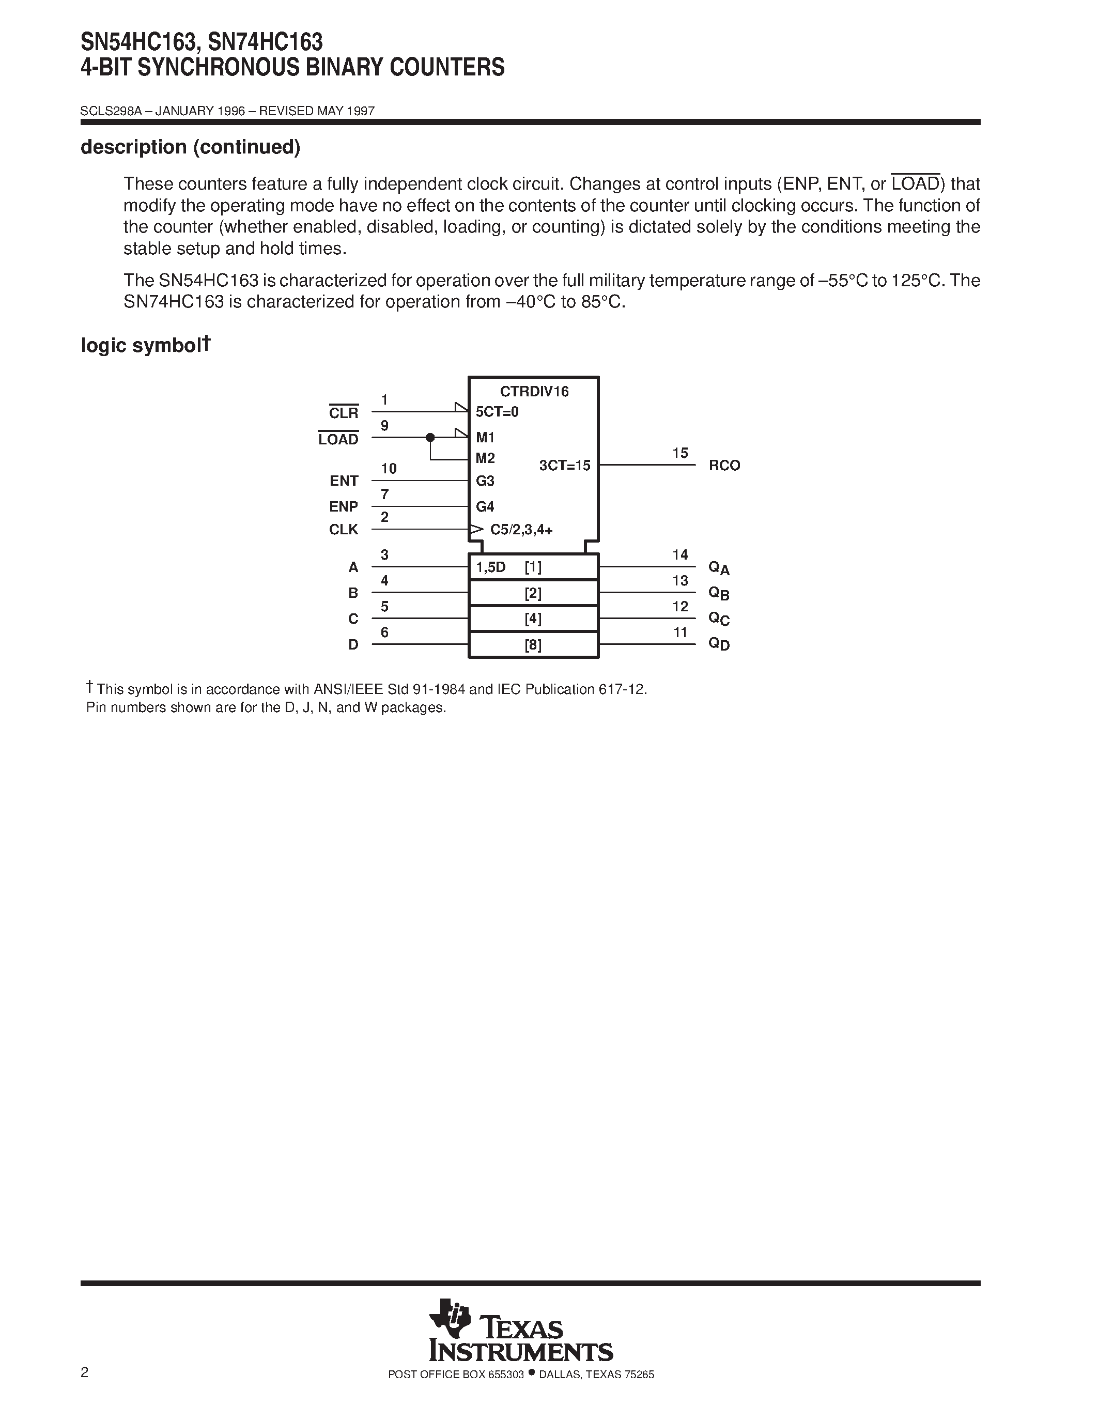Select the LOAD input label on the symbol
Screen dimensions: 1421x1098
click(x=338, y=440)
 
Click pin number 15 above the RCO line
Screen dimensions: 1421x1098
click(x=680, y=453)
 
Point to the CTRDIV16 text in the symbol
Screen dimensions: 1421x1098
click(x=534, y=392)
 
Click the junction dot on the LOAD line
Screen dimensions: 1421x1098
click(x=430, y=437)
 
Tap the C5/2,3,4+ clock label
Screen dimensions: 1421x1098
click(x=521, y=530)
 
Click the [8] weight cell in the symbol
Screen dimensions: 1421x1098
click(x=533, y=645)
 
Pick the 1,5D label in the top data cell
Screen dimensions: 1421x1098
click(x=490, y=567)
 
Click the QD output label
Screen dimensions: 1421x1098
click(x=719, y=644)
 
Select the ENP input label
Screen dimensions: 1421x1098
click(x=344, y=507)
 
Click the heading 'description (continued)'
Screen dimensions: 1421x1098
click(x=190, y=148)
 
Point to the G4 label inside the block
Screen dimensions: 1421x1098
click(x=485, y=507)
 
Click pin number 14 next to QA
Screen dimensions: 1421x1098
click(x=680, y=555)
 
